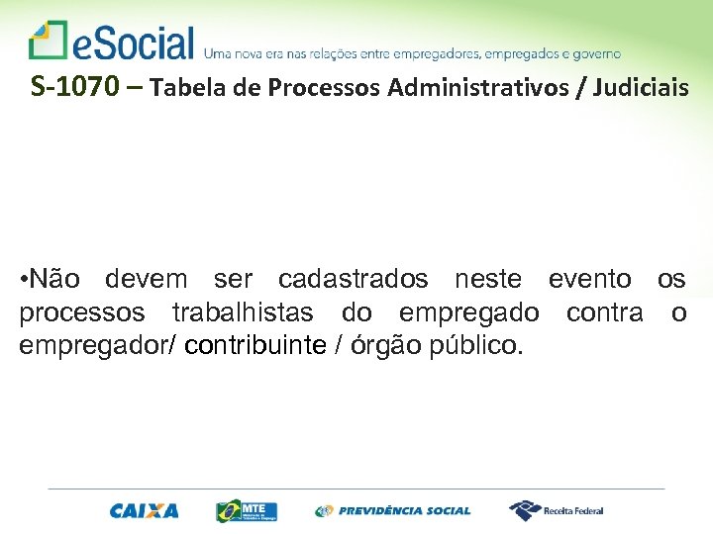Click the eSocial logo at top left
coord(111,42)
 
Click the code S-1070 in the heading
coord(76,88)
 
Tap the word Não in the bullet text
coord(58,280)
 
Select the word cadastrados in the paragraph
coord(353,280)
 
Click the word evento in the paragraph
coord(589,280)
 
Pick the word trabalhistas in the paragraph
coord(243,313)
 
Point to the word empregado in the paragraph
coord(469,313)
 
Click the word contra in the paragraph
coord(605,313)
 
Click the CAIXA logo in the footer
coord(145,510)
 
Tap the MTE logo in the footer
coord(247,510)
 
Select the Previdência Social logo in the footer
coord(393,510)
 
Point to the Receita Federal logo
coord(556,510)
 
